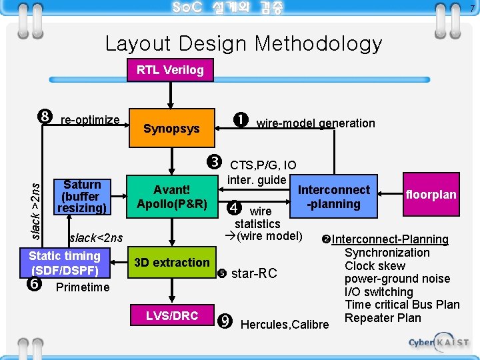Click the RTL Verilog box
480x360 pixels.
tap(170, 70)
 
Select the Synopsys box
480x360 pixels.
tap(171, 129)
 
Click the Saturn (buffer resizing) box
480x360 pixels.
tap(81, 197)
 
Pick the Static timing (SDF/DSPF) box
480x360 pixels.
tap(65, 263)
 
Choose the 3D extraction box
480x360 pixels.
tap(171, 263)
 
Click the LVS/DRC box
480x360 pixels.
tap(172, 316)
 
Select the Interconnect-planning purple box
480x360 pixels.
tap(333, 197)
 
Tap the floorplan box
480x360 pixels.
tap(431, 195)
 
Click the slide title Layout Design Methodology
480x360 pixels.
tap(243, 44)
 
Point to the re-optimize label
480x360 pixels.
tap(89, 121)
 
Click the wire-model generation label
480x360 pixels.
tap(315, 123)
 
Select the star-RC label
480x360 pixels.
tap(253, 273)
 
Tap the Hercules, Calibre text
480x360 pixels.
tap(285, 325)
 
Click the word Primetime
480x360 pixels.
tap(83, 287)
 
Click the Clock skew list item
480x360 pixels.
tap(375, 266)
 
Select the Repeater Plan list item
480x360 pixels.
tap(383, 318)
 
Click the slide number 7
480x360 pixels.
tap(472, 8)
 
